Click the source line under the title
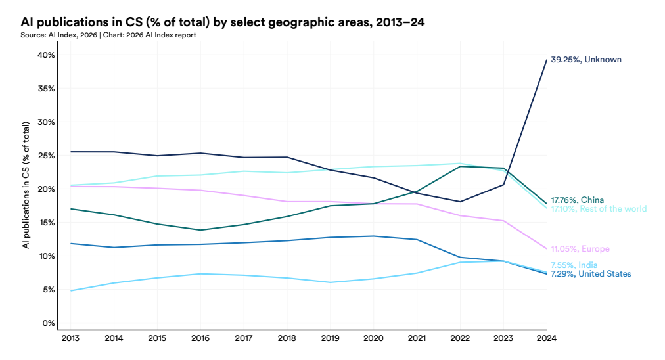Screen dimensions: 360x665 [108, 35]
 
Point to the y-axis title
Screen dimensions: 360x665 [26, 185]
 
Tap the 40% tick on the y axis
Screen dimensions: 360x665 [45, 55]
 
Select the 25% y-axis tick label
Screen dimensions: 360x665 [45, 156]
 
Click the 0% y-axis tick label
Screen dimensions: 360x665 [48, 323]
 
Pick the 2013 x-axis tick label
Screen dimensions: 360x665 [70, 338]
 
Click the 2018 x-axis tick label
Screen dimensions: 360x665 [287, 338]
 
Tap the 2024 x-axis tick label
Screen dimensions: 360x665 [546, 338]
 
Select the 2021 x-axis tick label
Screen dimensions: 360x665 [417, 338]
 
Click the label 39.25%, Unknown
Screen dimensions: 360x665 [585, 60]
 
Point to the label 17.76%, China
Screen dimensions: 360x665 [577, 200]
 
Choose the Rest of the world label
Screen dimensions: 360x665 [598, 209]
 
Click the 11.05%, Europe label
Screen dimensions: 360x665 [580, 249]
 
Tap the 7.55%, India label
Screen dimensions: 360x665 [574, 265]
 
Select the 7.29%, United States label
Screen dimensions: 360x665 [591, 274]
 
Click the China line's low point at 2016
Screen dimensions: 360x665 [200, 230]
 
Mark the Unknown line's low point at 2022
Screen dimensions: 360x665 [460, 202]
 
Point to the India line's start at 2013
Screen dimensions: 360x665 [70, 290]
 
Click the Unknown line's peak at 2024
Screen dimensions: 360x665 [546, 60]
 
